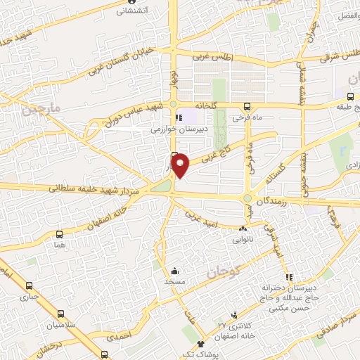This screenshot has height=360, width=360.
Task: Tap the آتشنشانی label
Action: click(123, 11)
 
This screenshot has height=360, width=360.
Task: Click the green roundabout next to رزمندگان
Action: click(247, 199)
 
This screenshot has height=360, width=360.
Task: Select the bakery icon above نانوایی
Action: click(243, 229)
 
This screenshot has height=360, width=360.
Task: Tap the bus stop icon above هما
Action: click(59, 236)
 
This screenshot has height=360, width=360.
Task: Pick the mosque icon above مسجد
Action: click(174, 271)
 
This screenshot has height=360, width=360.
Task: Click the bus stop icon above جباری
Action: click(29, 286)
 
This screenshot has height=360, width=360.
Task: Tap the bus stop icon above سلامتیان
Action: click(60, 314)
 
